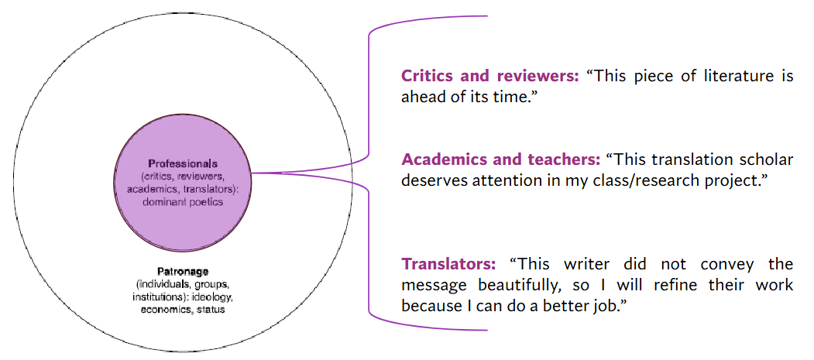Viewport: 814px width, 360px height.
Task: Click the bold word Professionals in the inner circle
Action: click(x=183, y=163)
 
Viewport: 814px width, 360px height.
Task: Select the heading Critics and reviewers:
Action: click(x=489, y=76)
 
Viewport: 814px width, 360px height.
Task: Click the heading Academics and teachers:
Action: click(x=500, y=159)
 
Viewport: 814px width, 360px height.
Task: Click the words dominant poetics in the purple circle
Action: click(x=183, y=202)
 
